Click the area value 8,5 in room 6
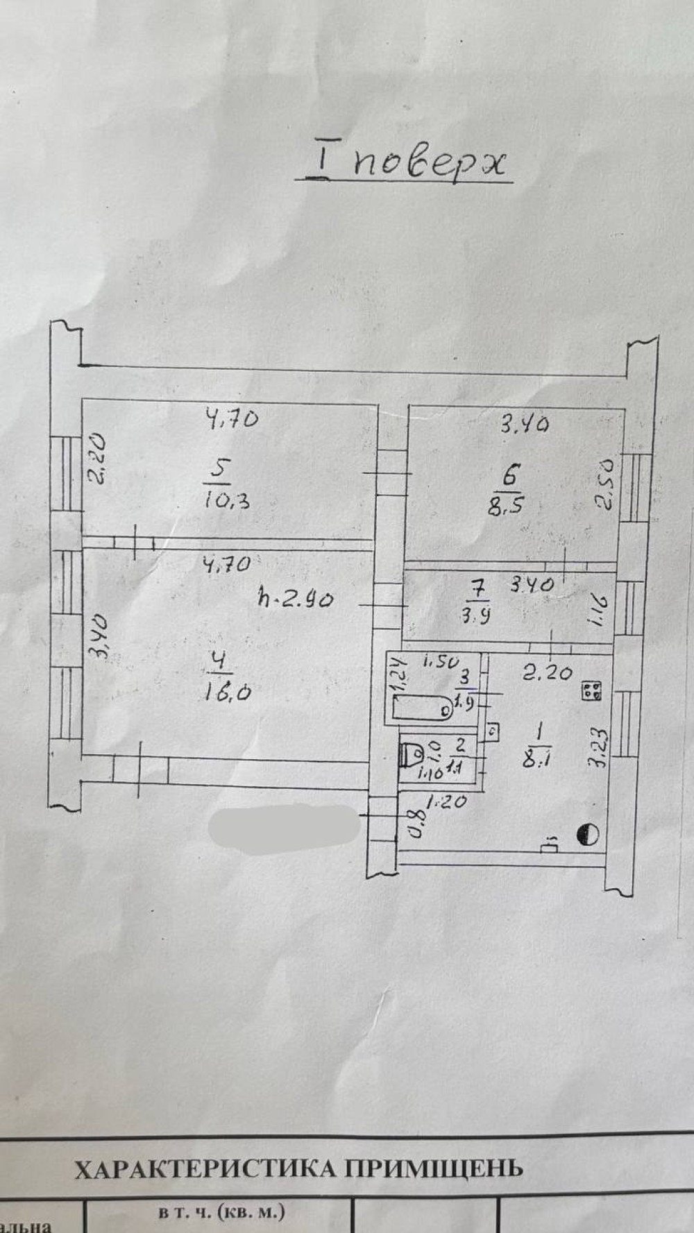coord(505,504)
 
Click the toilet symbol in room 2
coord(414,754)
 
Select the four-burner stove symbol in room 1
coord(592,691)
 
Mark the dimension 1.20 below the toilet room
coord(445,802)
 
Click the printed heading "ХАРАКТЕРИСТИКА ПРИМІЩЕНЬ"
coord(298,1169)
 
